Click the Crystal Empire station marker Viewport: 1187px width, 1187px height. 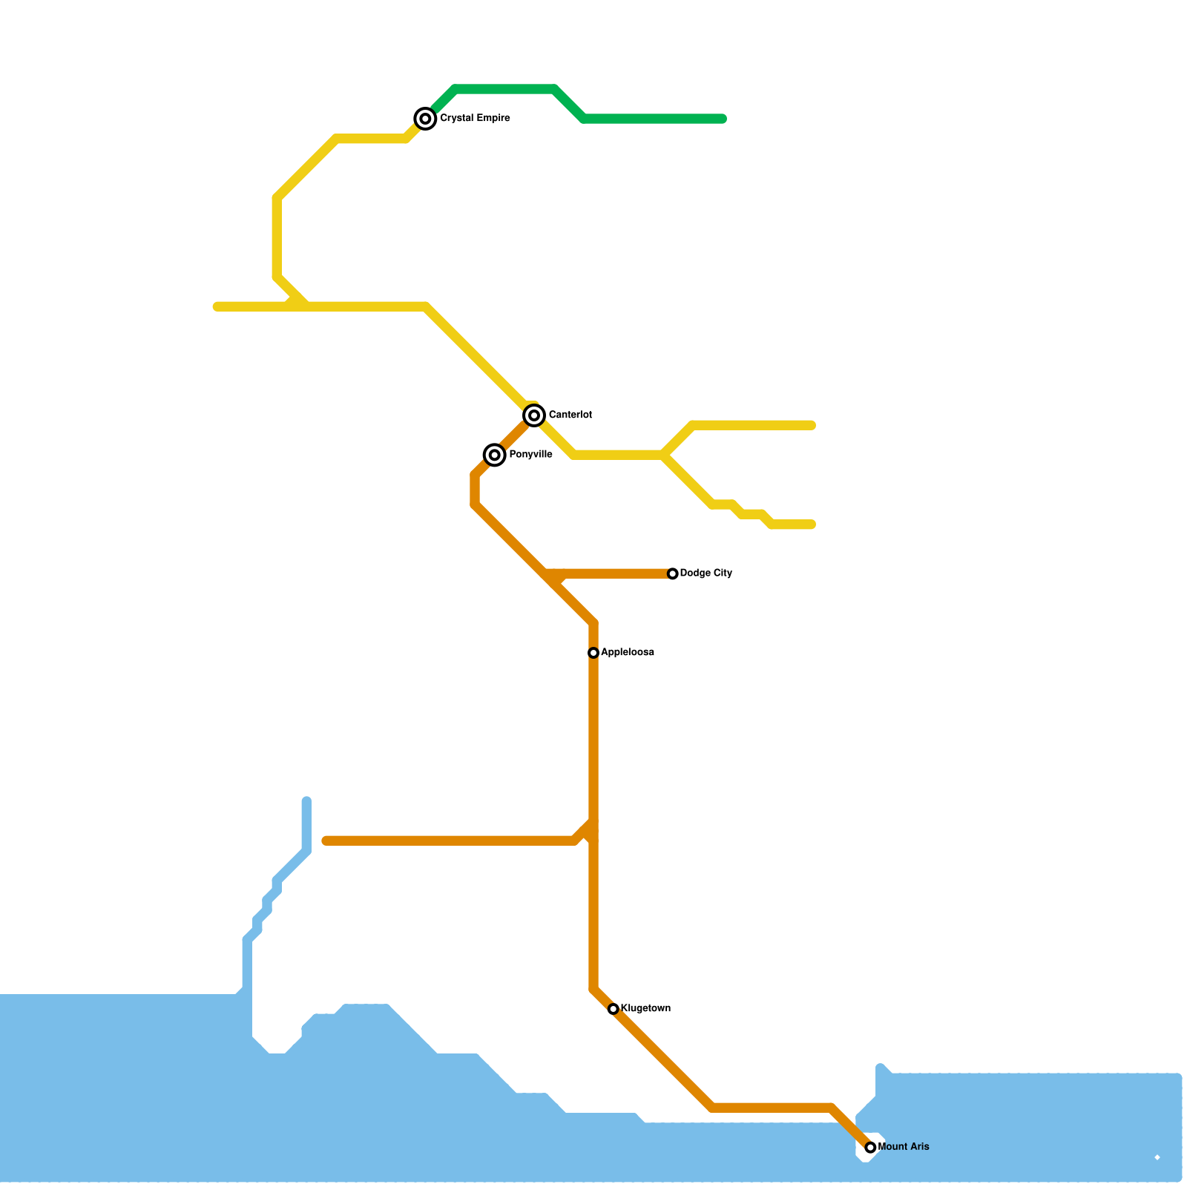point(425,119)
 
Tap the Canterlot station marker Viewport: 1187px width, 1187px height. point(534,415)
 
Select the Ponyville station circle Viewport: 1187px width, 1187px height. point(495,455)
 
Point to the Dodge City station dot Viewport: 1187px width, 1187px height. point(673,573)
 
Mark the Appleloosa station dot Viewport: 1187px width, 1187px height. point(593,653)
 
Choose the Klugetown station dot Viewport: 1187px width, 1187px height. point(614,1009)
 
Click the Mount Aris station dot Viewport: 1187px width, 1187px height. point(870,1148)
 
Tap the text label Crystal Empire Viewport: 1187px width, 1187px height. point(475,119)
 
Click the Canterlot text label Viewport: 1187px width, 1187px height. point(570,415)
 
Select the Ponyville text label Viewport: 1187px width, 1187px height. point(530,455)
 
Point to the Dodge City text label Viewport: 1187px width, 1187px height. point(706,573)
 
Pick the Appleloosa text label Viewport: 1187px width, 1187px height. point(628,653)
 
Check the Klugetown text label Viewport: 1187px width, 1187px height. point(645,1009)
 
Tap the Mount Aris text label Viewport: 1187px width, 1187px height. point(904,1147)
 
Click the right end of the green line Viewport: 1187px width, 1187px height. point(723,119)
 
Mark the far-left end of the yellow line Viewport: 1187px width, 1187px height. point(217,306)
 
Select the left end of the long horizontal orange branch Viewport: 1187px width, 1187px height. point(326,841)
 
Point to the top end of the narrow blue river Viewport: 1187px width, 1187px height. point(306,800)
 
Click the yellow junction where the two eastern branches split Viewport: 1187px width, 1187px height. point(665,454)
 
